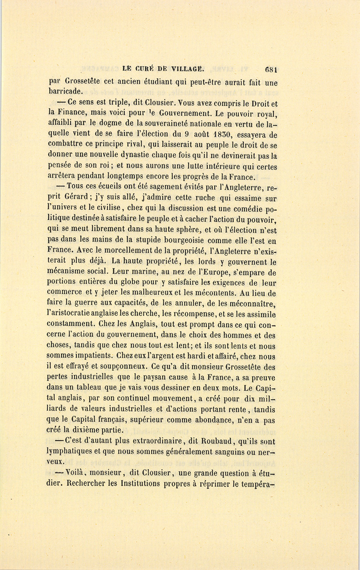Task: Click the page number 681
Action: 271,68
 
